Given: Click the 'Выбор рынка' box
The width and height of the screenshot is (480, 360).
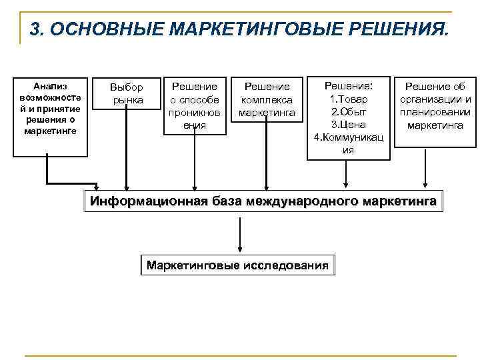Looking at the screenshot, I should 127,94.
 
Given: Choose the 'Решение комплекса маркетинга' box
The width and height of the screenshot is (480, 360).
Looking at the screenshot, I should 267,99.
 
